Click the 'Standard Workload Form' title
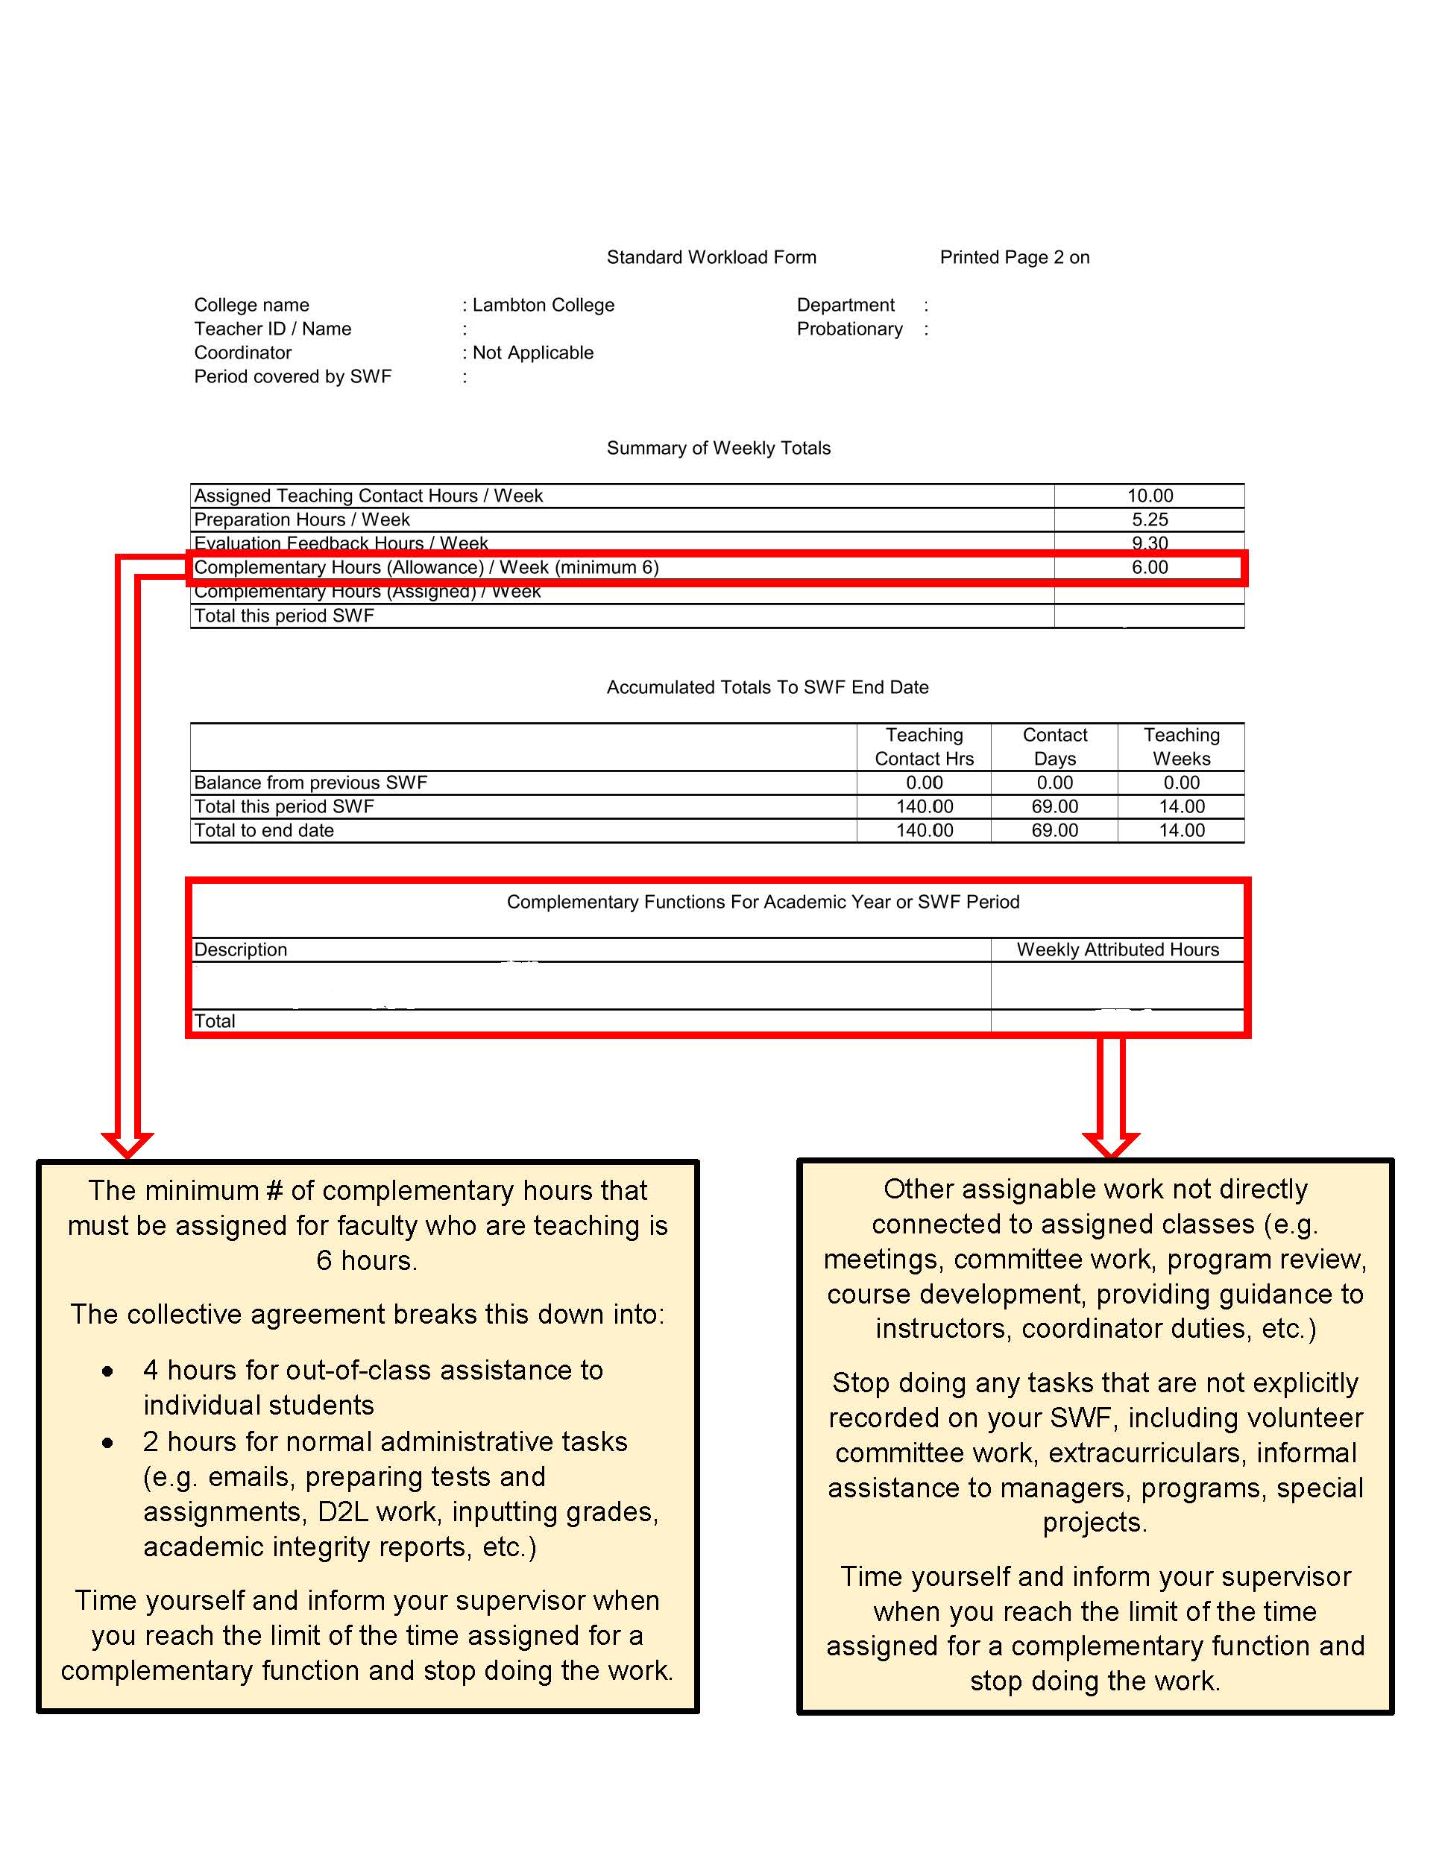[x=711, y=257]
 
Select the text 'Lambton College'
[x=543, y=305]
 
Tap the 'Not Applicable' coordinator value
[x=533, y=353]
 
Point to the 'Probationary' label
[x=849, y=329]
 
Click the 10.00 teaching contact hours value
[x=1149, y=496]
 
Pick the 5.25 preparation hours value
[x=1149, y=519]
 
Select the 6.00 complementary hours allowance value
[x=1149, y=567]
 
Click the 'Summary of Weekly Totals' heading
[x=718, y=448]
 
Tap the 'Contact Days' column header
[x=1054, y=747]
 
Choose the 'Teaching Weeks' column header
[x=1181, y=747]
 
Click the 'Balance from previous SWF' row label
[x=310, y=783]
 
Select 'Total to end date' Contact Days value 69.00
[x=1054, y=831]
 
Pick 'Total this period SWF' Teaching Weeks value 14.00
[x=1181, y=807]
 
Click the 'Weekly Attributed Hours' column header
[x=1117, y=950]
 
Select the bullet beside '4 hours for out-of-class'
[x=107, y=1372]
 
